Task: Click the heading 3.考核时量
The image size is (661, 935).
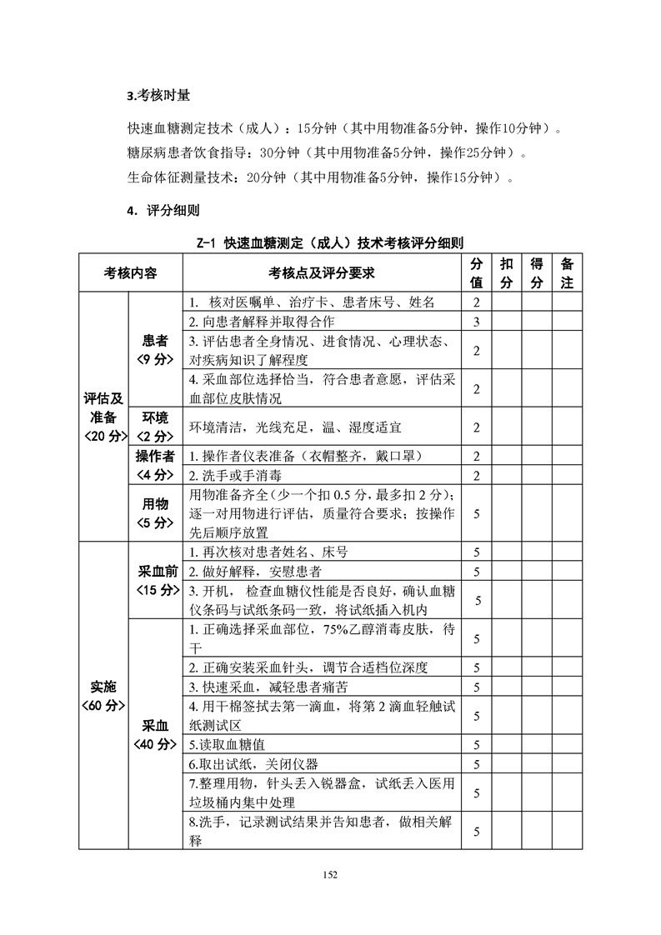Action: [163, 96]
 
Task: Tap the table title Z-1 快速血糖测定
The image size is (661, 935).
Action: [330, 242]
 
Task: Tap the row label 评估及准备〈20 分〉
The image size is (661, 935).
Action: [103, 417]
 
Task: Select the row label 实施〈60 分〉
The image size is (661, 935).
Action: [103, 696]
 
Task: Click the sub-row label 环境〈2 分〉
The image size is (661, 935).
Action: [155, 427]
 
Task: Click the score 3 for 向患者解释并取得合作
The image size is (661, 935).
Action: [477, 322]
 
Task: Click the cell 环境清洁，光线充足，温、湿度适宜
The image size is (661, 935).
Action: [295, 427]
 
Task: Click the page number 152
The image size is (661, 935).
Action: [331, 874]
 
